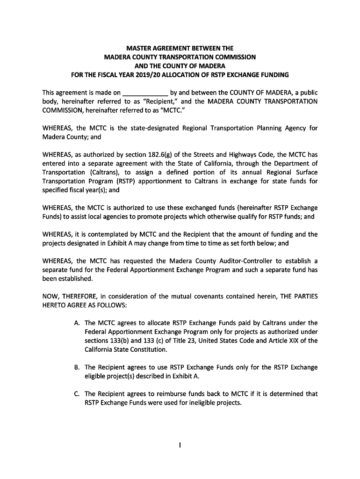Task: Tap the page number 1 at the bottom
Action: [180, 445]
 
